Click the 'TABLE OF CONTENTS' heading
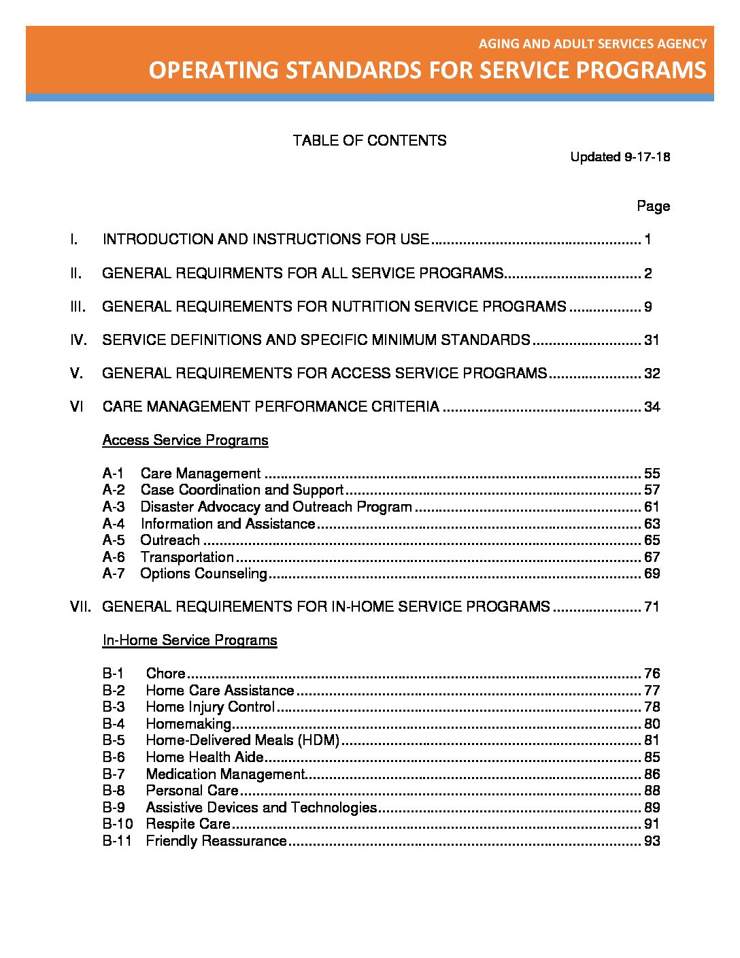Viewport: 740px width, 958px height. (369, 141)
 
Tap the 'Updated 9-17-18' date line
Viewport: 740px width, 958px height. (620, 157)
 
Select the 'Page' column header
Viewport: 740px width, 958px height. (653, 206)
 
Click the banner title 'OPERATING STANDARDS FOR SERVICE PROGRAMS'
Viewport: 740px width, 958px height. (427, 71)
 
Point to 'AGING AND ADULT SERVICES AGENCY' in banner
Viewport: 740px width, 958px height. (592, 44)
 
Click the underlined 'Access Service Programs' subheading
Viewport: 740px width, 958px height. (185, 440)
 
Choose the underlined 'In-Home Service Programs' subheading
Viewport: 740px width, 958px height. (189, 640)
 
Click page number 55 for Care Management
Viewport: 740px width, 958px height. (652, 474)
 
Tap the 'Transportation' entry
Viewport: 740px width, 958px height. (187, 557)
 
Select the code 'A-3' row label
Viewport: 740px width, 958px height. (114, 507)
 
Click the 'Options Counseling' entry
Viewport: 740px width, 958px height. (203, 574)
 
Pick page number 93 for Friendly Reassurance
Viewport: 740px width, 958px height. (652, 841)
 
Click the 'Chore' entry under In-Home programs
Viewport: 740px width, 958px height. (165, 674)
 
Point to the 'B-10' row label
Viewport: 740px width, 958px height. (117, 824)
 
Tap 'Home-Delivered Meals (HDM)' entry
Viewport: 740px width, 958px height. (242, 740)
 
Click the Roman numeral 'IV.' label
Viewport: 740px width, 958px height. (78, 340)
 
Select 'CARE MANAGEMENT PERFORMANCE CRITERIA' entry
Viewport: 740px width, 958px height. (271, 407)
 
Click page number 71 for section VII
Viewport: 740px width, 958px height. (652, 607)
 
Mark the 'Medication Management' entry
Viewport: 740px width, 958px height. (224, 774)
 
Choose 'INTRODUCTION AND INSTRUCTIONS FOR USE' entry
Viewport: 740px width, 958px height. (265, 239)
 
